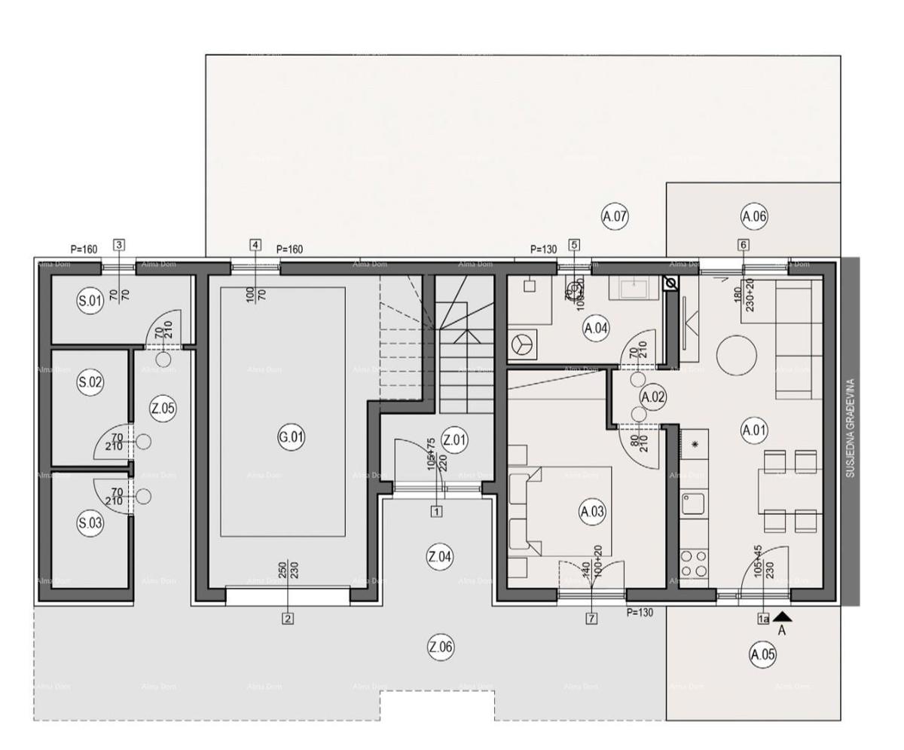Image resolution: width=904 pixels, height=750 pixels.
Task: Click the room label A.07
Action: [615, 217]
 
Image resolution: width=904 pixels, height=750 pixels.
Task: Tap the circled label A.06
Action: [753, 217]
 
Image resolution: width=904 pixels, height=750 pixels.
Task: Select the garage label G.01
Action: [291, 437]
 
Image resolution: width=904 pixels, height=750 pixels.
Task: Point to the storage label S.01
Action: [90, 302]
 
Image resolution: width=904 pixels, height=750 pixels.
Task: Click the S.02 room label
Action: [90, 382]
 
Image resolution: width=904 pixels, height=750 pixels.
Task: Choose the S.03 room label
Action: [90, 523]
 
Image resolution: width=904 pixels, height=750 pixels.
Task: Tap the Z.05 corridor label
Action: [163, 409]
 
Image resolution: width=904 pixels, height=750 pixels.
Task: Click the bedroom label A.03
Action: [592, 512]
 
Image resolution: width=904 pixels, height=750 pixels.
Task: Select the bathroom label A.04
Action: [596, 328]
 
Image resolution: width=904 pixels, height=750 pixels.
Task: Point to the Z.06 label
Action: [441, 647]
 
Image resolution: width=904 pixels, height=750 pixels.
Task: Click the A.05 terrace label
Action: [762, 654]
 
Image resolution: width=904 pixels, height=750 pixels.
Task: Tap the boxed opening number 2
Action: [287, 619]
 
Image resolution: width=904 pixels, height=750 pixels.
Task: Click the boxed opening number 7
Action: [591, 619]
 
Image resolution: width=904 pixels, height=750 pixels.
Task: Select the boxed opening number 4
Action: [255, 245]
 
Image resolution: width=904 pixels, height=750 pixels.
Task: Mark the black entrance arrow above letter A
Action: [782, 617]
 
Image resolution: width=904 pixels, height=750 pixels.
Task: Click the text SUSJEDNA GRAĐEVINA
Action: [851, 427]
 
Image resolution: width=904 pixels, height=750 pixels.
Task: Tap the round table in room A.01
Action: [736, 355]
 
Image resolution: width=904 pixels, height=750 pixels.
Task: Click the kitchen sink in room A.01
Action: [693, 503]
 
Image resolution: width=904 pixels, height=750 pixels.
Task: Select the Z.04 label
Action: [440, 557]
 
